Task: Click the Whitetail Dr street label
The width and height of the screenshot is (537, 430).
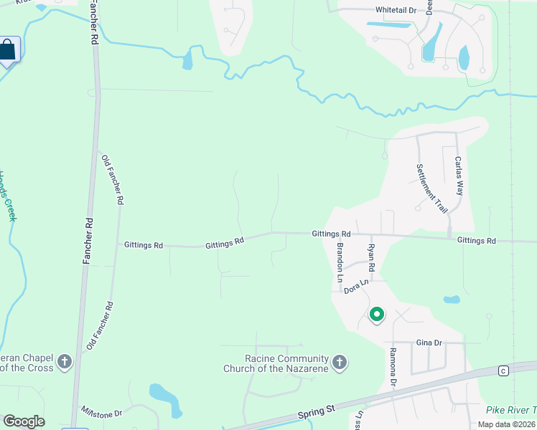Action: coord(396,11)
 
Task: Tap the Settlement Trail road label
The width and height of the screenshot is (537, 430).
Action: coord(431,188)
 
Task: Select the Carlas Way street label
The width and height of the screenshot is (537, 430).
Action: coord(459,176)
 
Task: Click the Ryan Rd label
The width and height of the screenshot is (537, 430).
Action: coord(371,257)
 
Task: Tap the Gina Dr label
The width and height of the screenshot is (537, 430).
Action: coord(429,343)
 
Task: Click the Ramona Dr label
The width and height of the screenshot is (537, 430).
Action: coord(393,367)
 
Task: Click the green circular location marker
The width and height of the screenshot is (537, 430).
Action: coord(376,314)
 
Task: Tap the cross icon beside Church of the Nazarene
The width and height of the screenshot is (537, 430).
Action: coord(340,363)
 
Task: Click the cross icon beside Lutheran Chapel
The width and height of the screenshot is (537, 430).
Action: coord(64,361)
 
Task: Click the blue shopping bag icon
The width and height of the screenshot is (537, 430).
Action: coord(8,50)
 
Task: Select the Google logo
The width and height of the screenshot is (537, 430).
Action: coord(24,421)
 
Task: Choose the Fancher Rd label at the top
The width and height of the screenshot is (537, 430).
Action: coord(93,24)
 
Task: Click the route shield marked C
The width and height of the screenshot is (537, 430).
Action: coord(503,370)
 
